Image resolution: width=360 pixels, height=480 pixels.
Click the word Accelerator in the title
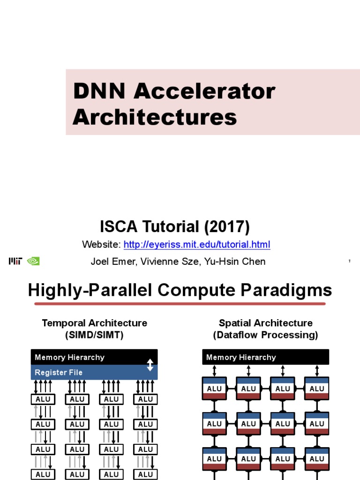tap(205, 91)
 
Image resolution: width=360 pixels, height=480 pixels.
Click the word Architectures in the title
tap(155, 117)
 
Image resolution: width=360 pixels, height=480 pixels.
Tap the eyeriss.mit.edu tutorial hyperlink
tap(197, 245)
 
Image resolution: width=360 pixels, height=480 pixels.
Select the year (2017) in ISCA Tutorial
tap(226, 227)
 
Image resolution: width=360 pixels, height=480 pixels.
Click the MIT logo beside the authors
tap(15, 261)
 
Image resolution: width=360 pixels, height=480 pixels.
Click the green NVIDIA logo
tap(33, 261)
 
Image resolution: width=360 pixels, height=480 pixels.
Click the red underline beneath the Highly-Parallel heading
tap(180, 304)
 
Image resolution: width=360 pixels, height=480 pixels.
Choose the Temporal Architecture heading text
tap(94, 323)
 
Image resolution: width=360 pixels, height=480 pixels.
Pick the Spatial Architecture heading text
tap(265, 323)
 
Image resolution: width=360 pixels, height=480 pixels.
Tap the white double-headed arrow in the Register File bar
tap(150, 365)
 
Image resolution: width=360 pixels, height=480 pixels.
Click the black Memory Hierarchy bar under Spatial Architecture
tap(265, 357)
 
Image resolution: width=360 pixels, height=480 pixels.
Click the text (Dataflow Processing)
tap(265, 335)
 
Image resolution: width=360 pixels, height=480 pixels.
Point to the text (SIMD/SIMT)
tap(94, 335)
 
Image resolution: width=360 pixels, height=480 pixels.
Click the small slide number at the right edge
tap(350, 261)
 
